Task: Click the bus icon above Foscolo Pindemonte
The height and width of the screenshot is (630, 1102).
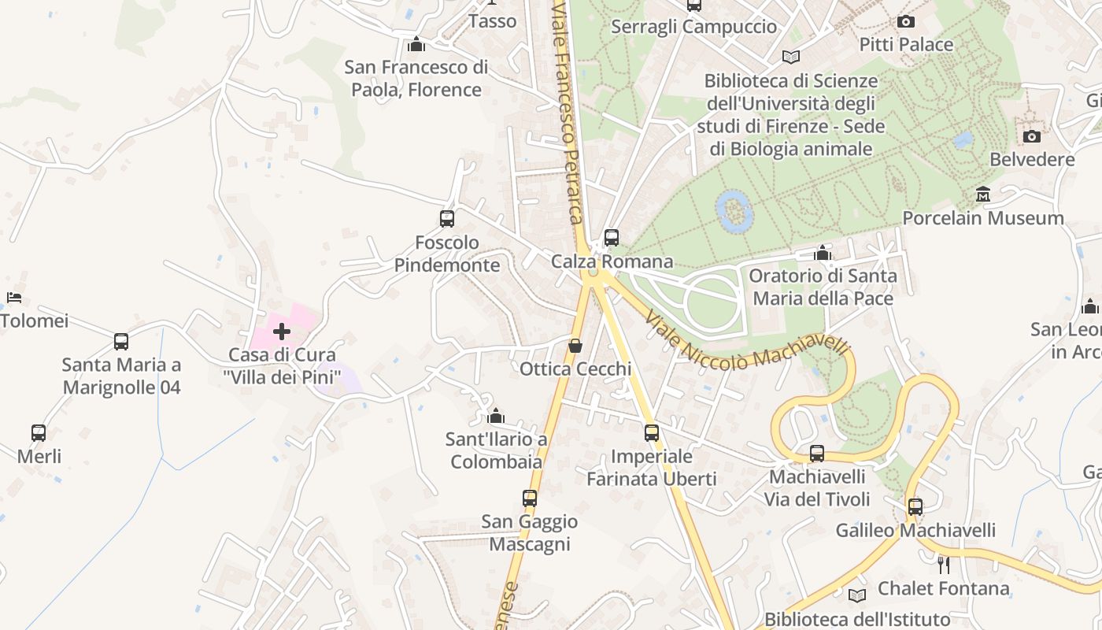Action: [447, 219]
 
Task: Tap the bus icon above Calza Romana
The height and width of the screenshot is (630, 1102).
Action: [612, 237]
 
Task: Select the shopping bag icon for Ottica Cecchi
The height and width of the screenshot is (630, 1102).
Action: [575, 346]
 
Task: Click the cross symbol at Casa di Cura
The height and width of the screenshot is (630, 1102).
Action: [282, 332]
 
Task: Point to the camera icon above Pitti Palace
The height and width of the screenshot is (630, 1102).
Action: [906, 22]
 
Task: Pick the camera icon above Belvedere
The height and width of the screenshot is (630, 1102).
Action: [1032, 136]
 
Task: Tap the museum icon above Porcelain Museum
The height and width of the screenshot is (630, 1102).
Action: [983, 195]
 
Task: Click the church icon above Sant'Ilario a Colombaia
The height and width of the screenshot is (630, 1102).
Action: [496, 416]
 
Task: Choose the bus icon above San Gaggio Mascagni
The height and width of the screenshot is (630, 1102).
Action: [530, 498]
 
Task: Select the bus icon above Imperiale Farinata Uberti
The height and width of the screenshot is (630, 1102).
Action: [652, 432]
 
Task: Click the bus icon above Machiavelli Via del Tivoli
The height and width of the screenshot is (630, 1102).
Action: [817, 454]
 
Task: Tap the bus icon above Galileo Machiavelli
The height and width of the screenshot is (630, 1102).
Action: [915, 507]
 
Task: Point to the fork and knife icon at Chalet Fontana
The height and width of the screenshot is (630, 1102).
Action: [943, 565]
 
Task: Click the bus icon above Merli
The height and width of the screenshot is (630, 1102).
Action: [39, 432]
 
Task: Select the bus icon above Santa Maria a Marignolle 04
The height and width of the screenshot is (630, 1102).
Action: [121, 342]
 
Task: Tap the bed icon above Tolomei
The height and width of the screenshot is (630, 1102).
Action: [14, 298]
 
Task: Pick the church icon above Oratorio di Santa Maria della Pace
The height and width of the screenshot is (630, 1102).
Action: [823, 253]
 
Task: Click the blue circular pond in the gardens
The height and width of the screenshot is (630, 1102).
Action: [734, 210]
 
